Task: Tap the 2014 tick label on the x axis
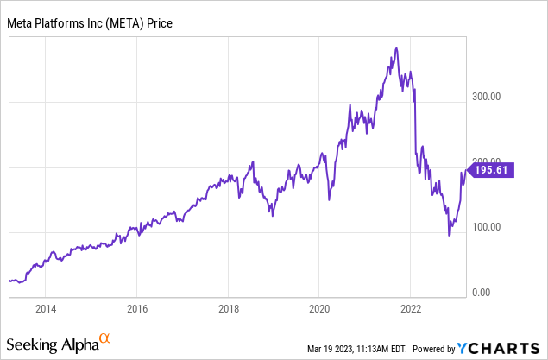click(x=46, y=308)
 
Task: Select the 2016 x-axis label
click(x=137, y=308)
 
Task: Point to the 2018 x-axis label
click(x=228, y=308)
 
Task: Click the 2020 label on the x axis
click(x=319, y=308)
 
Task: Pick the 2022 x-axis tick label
click(x=411, y=308)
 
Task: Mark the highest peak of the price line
click(x=395, y=47)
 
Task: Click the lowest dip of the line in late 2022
click(x=449, y=235)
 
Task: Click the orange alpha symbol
click(x=104, y=338)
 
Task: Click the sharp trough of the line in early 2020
click(x=330, y=200)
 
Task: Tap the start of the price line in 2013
click(x=9, y=280)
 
